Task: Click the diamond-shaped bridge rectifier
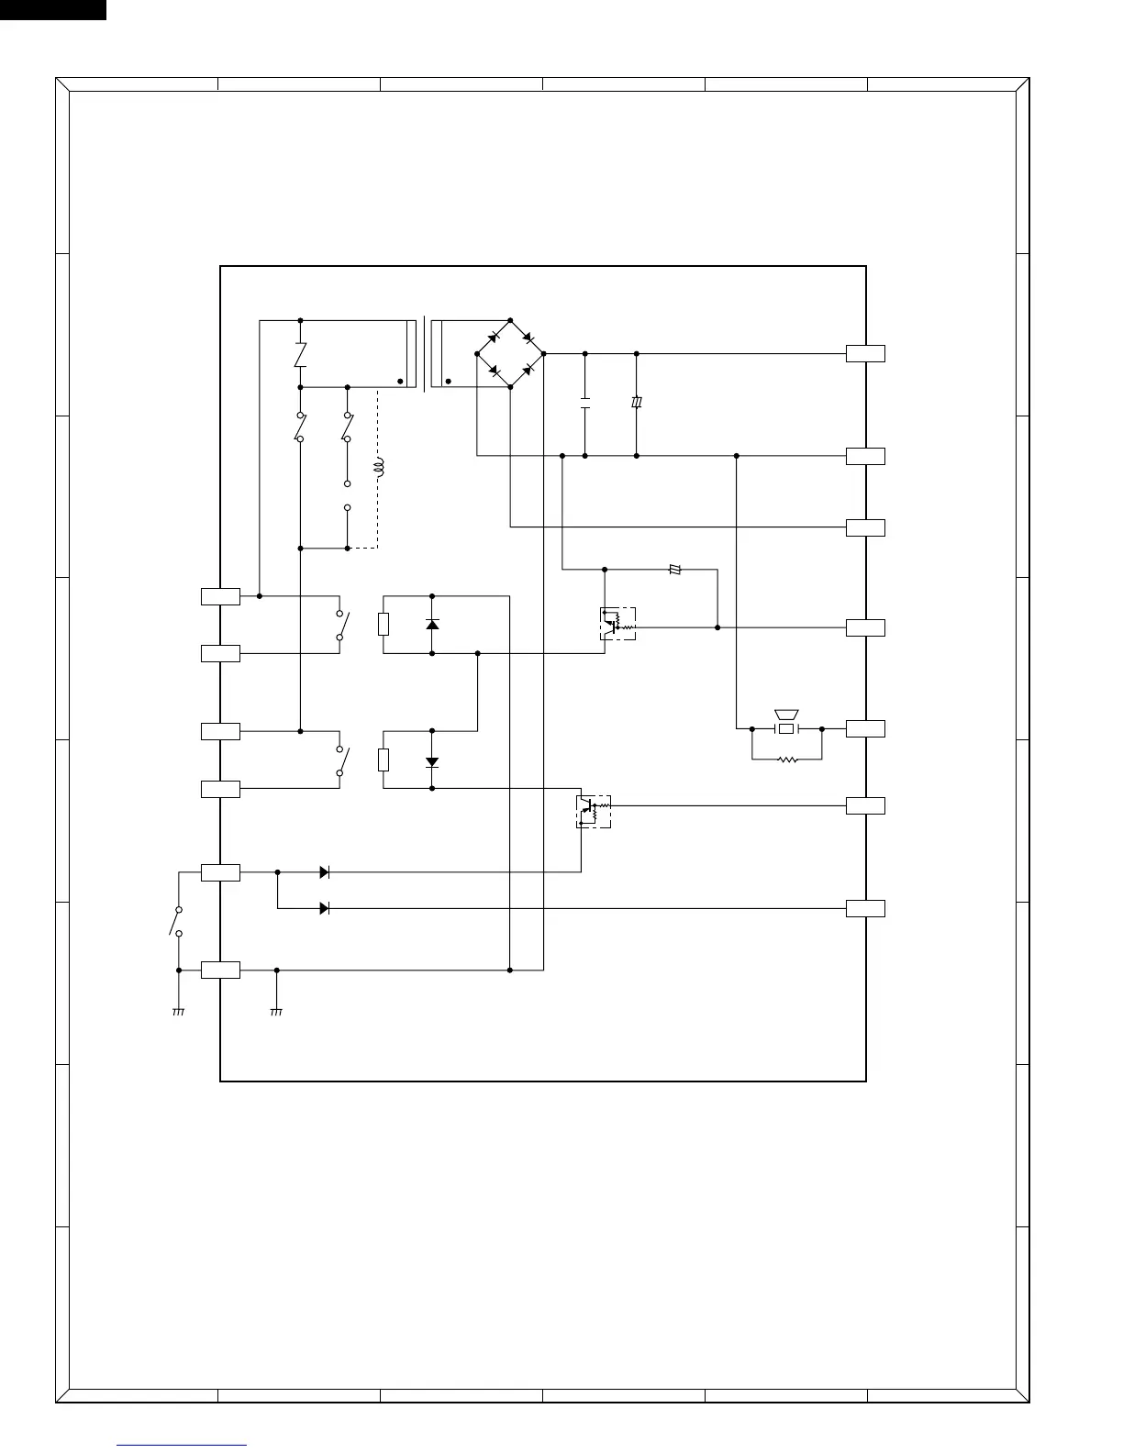[510, 353]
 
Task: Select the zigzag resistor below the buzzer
[786, 760]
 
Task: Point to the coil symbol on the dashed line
[379, 469]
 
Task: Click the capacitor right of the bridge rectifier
[584, 404]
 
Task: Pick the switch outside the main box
[175, 921]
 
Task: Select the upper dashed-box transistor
[617, 624]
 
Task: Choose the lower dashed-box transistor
[594, 811]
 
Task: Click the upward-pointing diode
[432, 624]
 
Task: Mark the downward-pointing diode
[432, 761]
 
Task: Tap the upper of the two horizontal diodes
[324, 872]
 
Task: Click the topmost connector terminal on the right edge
[865, 353]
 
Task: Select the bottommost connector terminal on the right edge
[865, 908]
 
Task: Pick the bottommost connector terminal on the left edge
[220, 970]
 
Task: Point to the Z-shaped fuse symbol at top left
[300, 354]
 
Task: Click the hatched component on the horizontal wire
[676, 570]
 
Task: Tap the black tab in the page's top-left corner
[52, 9]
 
